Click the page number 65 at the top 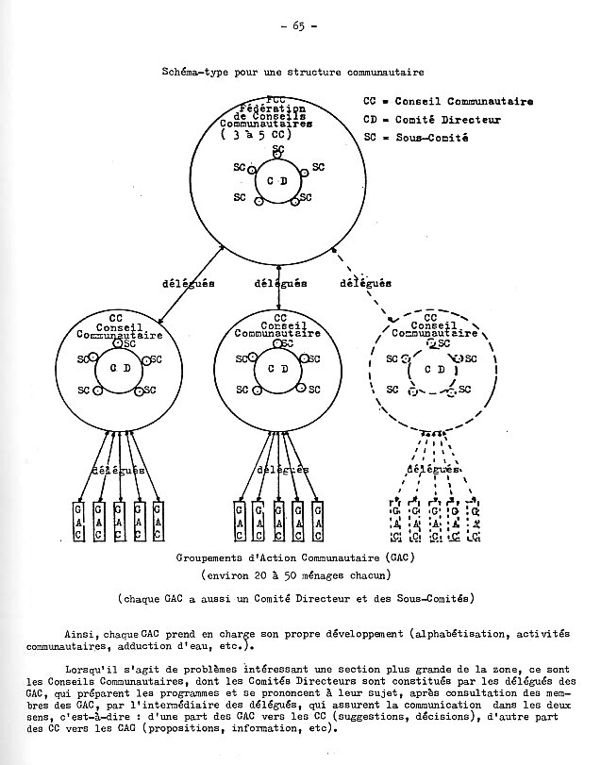click(297, 25)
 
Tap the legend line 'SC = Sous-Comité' click(420, 138)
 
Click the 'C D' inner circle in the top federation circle click(276, 180)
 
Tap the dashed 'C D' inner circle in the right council click(435, 369)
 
